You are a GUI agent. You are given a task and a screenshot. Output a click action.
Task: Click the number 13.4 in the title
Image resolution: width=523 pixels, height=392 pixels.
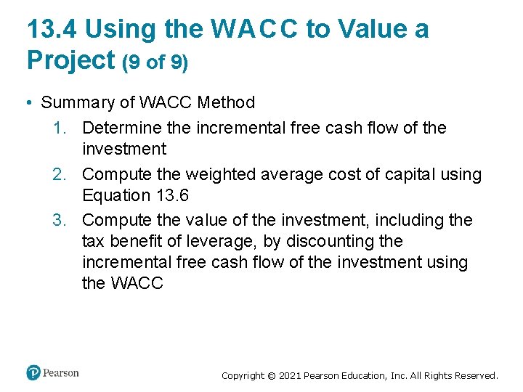(x=54, y=29)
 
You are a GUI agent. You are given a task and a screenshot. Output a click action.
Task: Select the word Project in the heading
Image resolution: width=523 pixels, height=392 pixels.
(x=68, y=60)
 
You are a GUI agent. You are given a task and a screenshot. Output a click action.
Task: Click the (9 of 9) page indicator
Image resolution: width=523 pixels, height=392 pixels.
(x=155, y=62)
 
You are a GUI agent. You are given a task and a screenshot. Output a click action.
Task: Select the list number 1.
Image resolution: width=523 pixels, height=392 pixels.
(x=60, y=128)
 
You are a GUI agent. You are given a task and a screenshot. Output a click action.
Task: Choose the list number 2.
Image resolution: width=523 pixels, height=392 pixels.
(x=60, y=175)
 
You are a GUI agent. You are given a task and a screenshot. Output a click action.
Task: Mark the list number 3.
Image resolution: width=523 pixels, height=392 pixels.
(x=60, y=220)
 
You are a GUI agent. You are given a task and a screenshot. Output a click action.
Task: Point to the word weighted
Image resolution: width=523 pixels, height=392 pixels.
(x=216, y=175)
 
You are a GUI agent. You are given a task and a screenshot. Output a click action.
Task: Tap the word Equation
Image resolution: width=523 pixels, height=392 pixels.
(x=115, y=196)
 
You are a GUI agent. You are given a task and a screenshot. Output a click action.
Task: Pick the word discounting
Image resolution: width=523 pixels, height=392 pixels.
(x=332, y=241)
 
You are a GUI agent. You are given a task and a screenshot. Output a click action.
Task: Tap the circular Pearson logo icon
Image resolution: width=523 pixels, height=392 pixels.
(x=33, y=373)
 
